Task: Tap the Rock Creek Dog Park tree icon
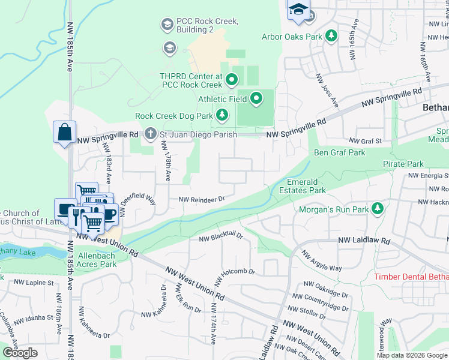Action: (x=222, y=115)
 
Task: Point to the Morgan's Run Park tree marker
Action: (x=378, y=209)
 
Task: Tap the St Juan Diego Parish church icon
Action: (x=150, y=134)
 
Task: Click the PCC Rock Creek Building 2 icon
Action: (x=166, y=25)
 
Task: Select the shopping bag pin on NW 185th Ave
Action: (x=64, y=132)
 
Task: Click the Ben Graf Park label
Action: (x=339, y=153)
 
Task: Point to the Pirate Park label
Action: (x=403, y=164)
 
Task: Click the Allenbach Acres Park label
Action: (x=91, y=263)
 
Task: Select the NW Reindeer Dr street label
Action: (x=200, y=199)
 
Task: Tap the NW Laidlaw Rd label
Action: (x=364, y=241)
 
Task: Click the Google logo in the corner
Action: (x=20, y=353)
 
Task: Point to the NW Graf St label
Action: (x=369, y=141)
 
